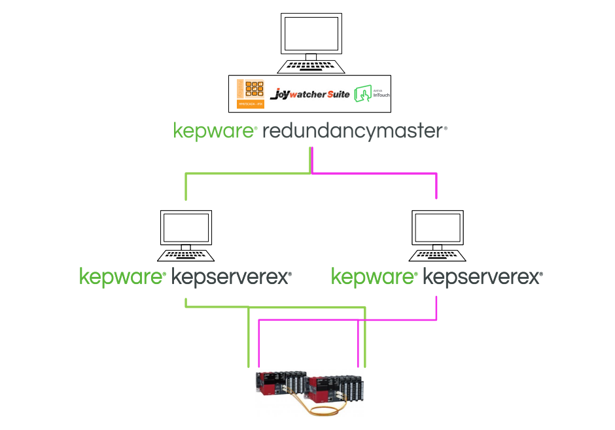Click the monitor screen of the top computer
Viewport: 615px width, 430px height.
click(311, 34)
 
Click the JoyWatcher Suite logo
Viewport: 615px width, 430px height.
click(309, 94)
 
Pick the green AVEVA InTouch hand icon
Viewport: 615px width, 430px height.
click(362, 94)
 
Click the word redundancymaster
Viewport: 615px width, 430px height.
click(353, 131)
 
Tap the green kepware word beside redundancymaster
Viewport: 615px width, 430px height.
click(213, 131)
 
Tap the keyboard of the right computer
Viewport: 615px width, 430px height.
click(438, 255)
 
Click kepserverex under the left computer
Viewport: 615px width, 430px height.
click(230, 278)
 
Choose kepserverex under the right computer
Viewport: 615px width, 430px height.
click(482, 278)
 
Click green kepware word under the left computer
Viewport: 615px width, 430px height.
click(122, 278)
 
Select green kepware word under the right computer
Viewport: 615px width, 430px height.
click(374, 278)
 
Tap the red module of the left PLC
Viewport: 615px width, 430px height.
click(268, 383)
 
